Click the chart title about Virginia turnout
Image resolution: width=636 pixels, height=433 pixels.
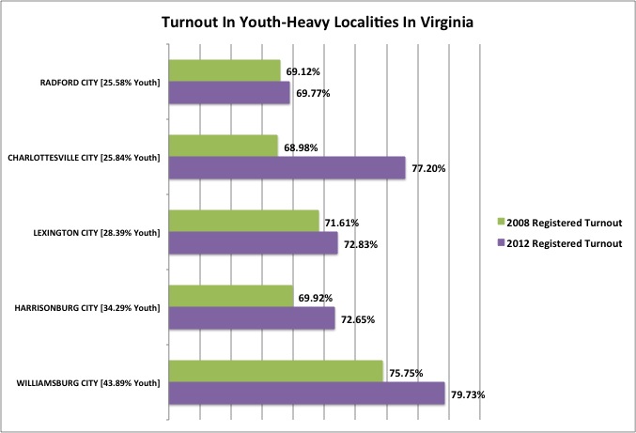coord(318,22)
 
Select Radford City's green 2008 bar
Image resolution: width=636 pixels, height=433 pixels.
coord(224,70)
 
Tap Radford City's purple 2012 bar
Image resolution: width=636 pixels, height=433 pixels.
coord(228,92)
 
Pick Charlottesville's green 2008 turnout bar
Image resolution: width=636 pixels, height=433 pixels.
coord(223,146)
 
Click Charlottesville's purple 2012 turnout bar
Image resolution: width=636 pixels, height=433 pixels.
coord(286,167)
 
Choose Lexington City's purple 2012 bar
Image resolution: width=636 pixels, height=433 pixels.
coord(252,243)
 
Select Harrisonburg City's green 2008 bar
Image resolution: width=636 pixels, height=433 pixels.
coord(230,296)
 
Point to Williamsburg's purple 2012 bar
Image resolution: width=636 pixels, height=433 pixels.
coord(305,394)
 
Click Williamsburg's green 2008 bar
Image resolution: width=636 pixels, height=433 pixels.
coord(275,371)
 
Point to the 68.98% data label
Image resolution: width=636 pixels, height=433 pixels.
coord(301,145)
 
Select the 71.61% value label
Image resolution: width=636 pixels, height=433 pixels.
coord(342,223)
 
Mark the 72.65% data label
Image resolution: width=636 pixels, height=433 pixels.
coord(357,319)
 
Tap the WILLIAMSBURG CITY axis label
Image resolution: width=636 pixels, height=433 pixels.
coord(88,382)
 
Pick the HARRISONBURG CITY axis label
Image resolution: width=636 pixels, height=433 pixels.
coord(89,307)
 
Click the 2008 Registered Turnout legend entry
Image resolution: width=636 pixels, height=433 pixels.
coord(560,223)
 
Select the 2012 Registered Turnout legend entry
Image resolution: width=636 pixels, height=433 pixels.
coord(560,243)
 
